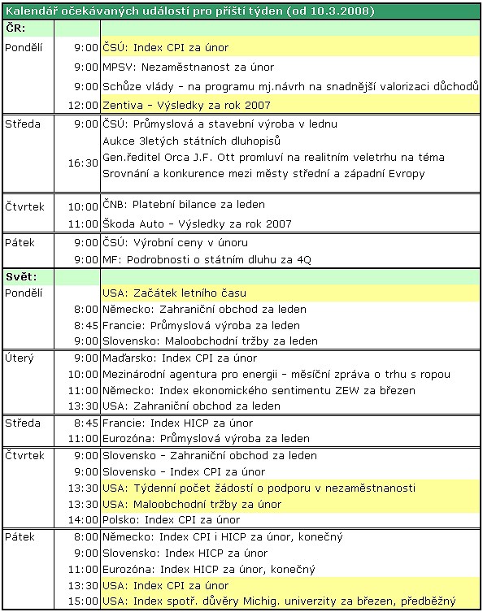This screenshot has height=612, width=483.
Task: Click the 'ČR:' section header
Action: click(x=16, y=28)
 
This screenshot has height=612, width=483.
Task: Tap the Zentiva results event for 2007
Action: click(x=186, y=106)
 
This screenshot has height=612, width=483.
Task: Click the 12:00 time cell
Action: click(x=83, y=106)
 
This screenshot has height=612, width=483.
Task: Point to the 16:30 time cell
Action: click(x=83, y=163)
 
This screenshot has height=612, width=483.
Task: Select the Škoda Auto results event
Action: click(x=197, y=224)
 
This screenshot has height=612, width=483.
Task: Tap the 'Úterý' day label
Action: click(x=20, y=358)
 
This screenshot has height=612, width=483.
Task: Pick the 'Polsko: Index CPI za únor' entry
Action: click(x=171, y=520)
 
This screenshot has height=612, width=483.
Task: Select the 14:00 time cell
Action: click(x=83, y=520)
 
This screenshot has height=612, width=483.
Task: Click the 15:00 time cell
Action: click(x=83, y=601)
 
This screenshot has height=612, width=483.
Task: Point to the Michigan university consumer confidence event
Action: click(x=279, y=601)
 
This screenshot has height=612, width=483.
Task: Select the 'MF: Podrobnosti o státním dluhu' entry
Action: click(x=207, y=260)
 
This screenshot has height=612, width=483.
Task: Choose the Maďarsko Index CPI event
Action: click(x=179, y=358)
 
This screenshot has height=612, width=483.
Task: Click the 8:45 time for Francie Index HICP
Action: click(x=85, y=423)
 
